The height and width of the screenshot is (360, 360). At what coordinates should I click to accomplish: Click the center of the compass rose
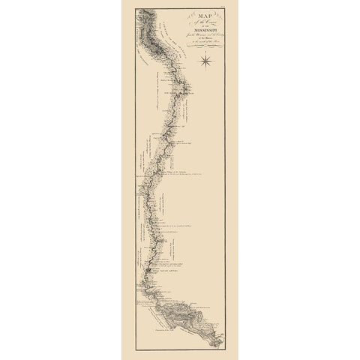(207, 64)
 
